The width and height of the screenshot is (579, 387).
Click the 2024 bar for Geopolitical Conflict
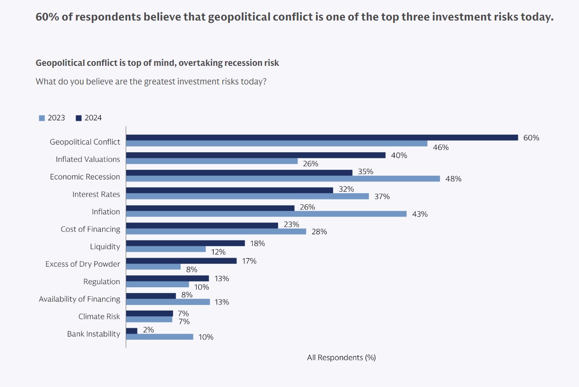tap(322, 137)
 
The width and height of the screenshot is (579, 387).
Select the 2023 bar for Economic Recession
tap(283, 178)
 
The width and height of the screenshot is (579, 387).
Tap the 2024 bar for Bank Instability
tap(132, 330)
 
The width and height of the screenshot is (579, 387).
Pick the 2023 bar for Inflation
tap(266, 214)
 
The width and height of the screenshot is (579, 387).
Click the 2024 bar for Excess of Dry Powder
tap(181, 261)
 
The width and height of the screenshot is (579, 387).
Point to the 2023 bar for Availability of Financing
tap(168, 302)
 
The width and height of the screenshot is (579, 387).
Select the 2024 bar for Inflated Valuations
tap(256, 155)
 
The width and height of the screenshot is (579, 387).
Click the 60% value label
tap(531, 138)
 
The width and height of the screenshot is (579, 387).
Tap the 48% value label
tap(453, 179)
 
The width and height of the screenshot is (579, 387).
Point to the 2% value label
tap(149, 330)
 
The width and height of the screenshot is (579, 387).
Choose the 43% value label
tap(420, 214)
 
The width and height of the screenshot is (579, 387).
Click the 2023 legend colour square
tap(42, 118)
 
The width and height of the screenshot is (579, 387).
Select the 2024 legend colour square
tap(79, 118)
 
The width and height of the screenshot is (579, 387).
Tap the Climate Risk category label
tap(99, 316)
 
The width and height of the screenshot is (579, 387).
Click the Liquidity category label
tap(105, 247)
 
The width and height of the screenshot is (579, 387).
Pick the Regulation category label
tap(102, 282)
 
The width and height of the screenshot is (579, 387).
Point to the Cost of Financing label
tap(90, 229)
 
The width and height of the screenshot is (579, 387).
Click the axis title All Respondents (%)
tap(341, 357)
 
